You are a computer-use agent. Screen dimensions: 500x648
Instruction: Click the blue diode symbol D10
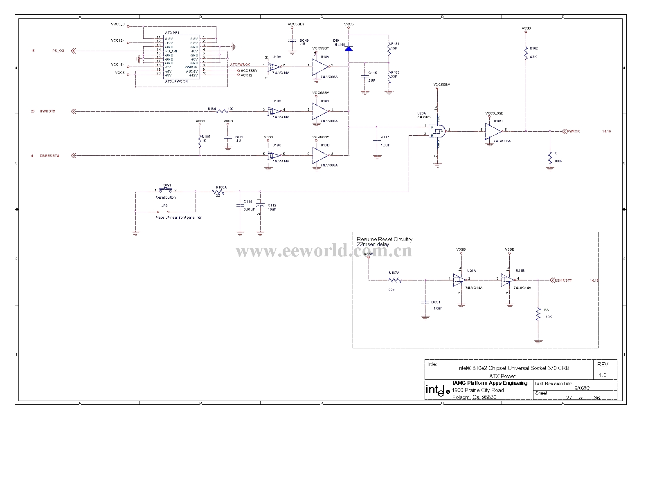[x=349, y=49]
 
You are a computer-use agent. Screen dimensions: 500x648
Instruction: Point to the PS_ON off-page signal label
[x=58, y=51]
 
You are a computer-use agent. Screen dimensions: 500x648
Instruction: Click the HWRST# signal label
[x=47, y=111]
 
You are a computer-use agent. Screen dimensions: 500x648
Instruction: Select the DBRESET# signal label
[x=49, y=156]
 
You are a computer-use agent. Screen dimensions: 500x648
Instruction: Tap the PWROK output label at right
[x=573, y=131]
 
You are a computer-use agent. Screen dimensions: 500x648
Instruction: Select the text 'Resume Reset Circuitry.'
[x=385, y=239]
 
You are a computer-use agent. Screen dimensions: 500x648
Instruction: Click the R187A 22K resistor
[x=395, y=280]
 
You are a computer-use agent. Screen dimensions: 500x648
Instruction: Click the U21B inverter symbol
[x=509, y=280]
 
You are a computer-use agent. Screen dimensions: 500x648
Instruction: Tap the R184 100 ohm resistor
[x=222, y=111]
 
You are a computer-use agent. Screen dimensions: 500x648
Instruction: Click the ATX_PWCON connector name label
[x=176, y=81]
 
